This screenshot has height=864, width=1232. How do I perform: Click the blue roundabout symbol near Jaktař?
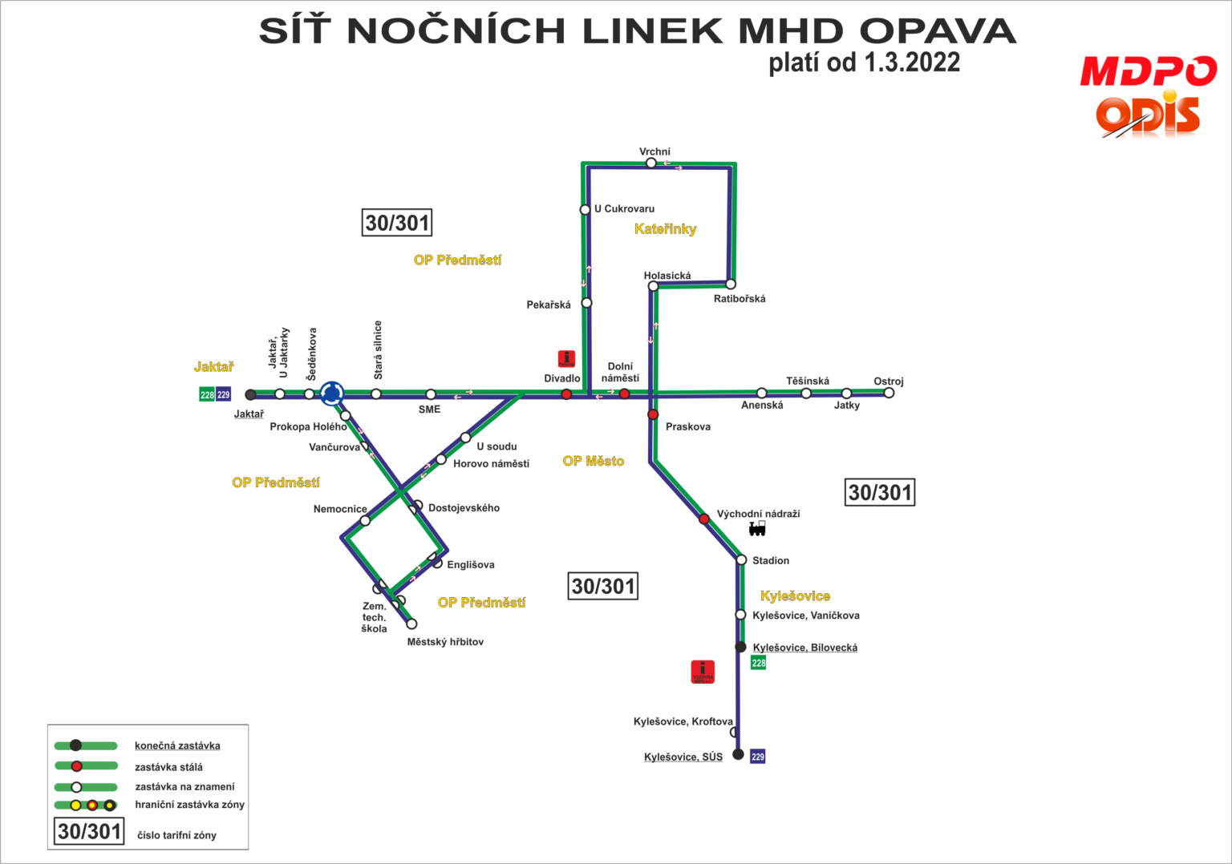point(331,393)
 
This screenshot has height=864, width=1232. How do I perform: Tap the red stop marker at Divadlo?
point(566,394)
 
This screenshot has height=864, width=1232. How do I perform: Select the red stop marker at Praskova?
point(653,414)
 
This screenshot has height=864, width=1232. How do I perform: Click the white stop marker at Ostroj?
point(889,393)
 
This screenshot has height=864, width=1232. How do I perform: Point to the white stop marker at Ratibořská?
point(731,284)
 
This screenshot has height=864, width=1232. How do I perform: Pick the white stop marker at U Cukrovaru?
point(586,210)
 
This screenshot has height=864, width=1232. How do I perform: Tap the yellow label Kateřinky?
point(665,229)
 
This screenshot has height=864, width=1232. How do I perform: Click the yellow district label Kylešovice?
point(795,596)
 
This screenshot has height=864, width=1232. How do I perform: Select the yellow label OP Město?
point(593,461)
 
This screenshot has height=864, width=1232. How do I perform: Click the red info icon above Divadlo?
point(566,358)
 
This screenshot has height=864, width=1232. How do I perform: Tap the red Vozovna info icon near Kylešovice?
point(703,672)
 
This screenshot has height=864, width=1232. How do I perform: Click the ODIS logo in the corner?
point(1149,117)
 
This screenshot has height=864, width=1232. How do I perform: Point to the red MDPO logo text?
point(1149,71)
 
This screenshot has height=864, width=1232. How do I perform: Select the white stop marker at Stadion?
point(741,559)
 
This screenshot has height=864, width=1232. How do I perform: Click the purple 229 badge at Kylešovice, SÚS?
point(758,757)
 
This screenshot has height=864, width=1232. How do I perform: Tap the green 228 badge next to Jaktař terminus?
point(207,394)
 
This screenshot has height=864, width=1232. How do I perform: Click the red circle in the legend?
point(76,766)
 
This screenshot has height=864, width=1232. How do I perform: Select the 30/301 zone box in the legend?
point(89,832)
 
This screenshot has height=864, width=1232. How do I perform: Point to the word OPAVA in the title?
point(937,32)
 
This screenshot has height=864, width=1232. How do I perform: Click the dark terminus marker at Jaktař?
point(250,394)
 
